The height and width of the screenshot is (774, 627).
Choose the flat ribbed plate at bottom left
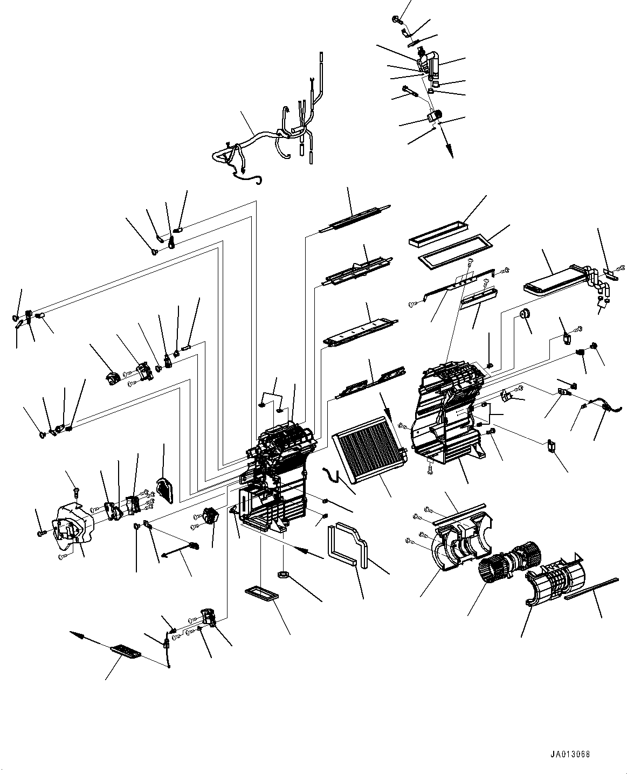(125, 652)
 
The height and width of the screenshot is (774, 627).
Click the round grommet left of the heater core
(522, 315)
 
